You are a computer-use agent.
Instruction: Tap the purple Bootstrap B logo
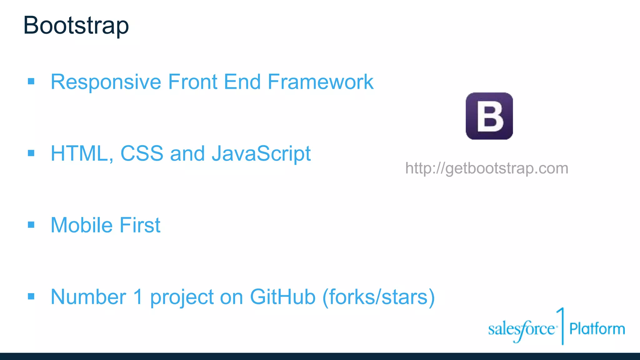click(x=489, y=116)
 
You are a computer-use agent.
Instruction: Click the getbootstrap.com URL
click(x=487, y=168)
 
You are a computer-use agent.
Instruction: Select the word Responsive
click(x=106, y=82)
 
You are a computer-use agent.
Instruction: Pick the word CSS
click(x=142, y=154)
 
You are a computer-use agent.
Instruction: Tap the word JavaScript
click(x=261, y=154)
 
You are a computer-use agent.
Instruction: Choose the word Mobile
click(x=82, y=225)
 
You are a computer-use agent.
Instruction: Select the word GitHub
click(x=282, y=297)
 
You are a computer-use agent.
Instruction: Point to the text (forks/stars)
click(x=378, y=297)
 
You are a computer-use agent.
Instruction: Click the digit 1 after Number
click(x=138, y=297)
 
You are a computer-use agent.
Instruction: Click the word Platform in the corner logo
click(x=597, y=329)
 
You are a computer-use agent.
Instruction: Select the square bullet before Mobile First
click(x=31, y=225)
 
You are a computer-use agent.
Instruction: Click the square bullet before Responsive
click(x=31, y=82)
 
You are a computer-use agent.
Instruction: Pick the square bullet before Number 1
click(x=31, y=296)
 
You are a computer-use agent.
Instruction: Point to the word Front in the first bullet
click(x=192, y=82)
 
